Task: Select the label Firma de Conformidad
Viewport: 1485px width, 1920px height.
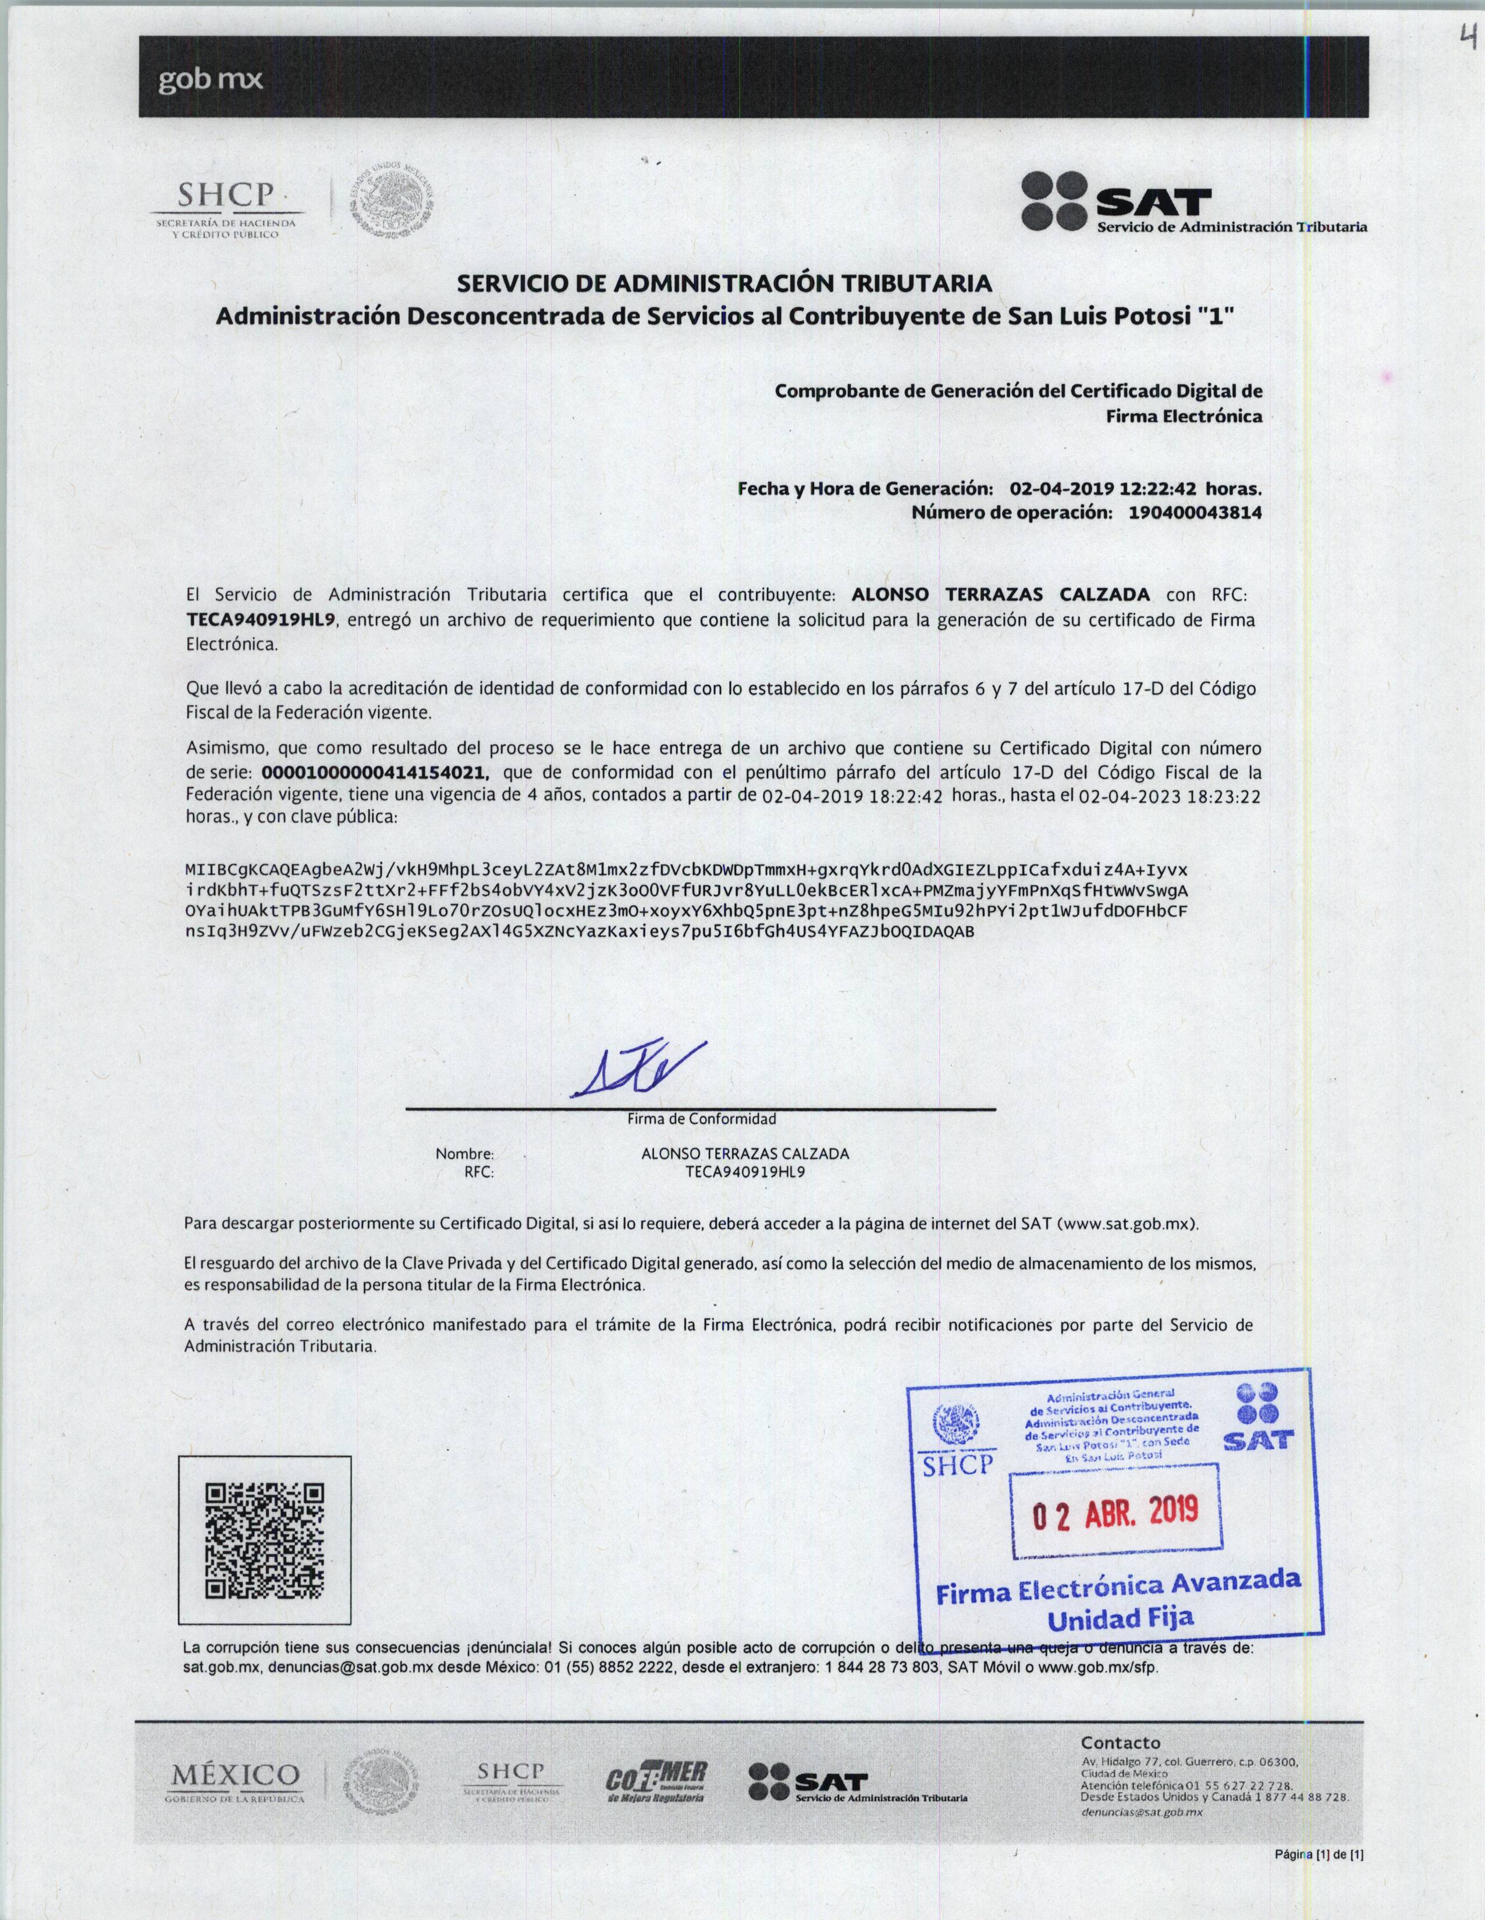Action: (701, 1119)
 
